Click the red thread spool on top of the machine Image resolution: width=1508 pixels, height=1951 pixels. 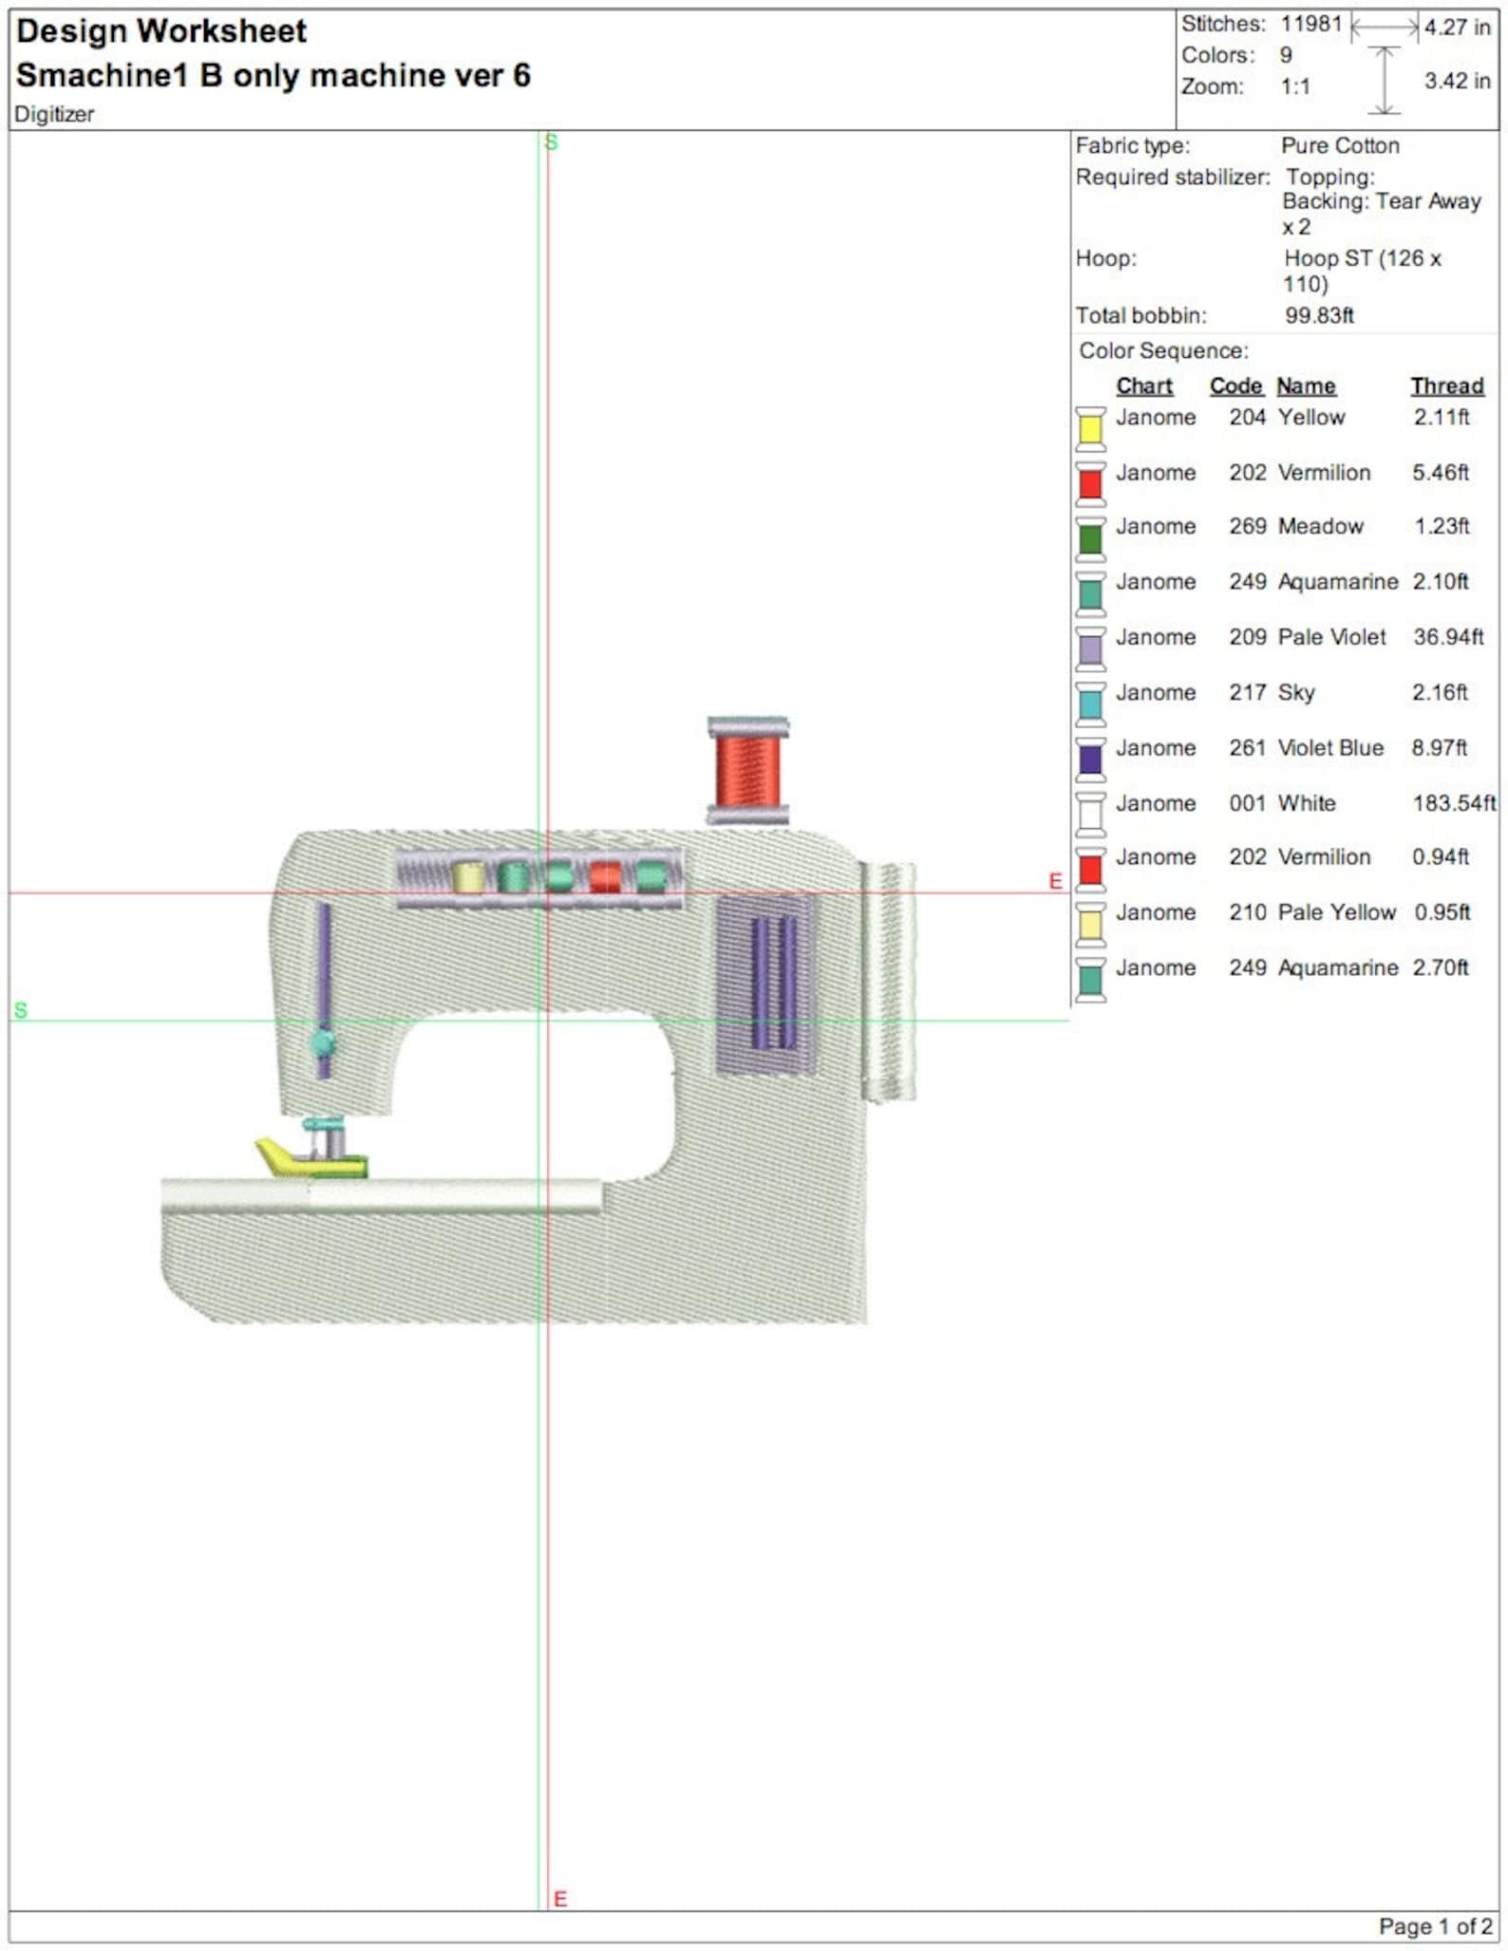[x=748, y=770]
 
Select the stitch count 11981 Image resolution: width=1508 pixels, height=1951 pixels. [x=1310, y=24]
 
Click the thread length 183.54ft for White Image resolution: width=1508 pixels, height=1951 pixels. [x=1454, y=803]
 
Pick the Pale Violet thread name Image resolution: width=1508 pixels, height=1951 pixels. [x=1331, y=637]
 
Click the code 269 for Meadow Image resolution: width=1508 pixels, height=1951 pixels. [x=1247, y=526]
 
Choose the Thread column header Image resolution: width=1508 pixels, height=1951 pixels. [x=1446, y=386]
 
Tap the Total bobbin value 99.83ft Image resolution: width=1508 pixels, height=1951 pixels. [x=1319, y=315]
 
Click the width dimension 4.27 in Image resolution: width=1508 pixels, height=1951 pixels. [x=1457, y=27]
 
